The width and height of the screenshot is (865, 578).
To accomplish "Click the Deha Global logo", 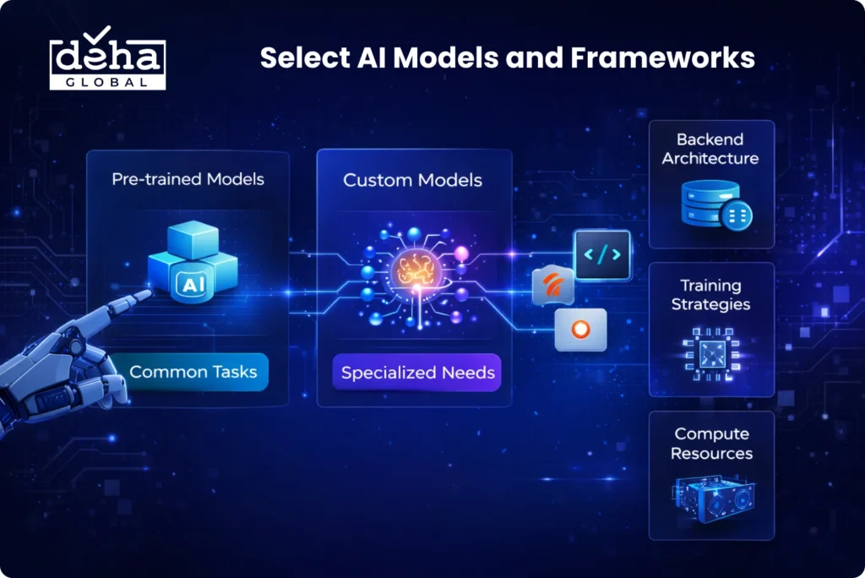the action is click(x=107, y=59).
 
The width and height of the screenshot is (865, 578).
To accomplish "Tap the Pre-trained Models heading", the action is click(x=188, y=179).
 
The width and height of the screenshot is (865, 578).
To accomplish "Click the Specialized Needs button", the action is click(x=417, y=373).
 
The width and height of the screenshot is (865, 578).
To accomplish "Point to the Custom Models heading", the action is click(x=412, y=180).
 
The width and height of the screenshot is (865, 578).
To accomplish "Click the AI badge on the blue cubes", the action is click(x=193, y=285).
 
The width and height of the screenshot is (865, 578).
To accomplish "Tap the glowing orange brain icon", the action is click(x=416, y=270).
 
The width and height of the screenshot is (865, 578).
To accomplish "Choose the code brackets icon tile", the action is click(x=601, y=255).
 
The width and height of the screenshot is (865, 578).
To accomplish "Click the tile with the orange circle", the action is click(x=580, y=330).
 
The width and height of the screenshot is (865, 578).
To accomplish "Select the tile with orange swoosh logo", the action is click(x=552, y=285).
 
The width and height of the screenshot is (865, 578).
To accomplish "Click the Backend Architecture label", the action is click(x=710, y=149).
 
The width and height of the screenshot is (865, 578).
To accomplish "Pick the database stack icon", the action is click(x=716, y=204).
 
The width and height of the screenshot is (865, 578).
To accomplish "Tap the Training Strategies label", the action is click(x=710, y=295).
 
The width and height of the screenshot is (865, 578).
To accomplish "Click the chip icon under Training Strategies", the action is click(x=711, y=354).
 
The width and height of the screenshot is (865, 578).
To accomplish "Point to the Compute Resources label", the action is click(x=711, y=444).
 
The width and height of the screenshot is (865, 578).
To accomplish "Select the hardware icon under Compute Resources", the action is click(x=713, y=499).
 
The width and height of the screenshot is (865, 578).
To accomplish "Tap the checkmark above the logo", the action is click(x=98, y=35).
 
